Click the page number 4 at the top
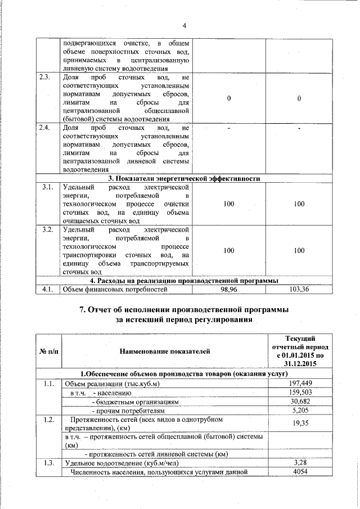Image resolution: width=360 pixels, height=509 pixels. coord(184,25)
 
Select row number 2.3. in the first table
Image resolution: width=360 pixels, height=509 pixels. coord(47,78)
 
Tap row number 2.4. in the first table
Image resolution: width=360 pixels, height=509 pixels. coord(47,128)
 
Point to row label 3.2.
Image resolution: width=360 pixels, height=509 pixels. coord(47,229)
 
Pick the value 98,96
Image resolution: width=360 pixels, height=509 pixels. coord(228,290)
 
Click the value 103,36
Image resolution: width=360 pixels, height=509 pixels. coord(299,290)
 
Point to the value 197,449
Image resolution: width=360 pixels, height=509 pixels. coord(300,384)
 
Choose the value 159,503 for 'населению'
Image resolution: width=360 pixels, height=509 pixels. coord(300,393)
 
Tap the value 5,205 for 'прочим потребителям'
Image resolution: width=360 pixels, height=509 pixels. coord(300,411)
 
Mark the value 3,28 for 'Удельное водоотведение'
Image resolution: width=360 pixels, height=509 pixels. coord(300,462)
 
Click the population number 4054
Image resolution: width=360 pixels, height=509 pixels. coord(300,472)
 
